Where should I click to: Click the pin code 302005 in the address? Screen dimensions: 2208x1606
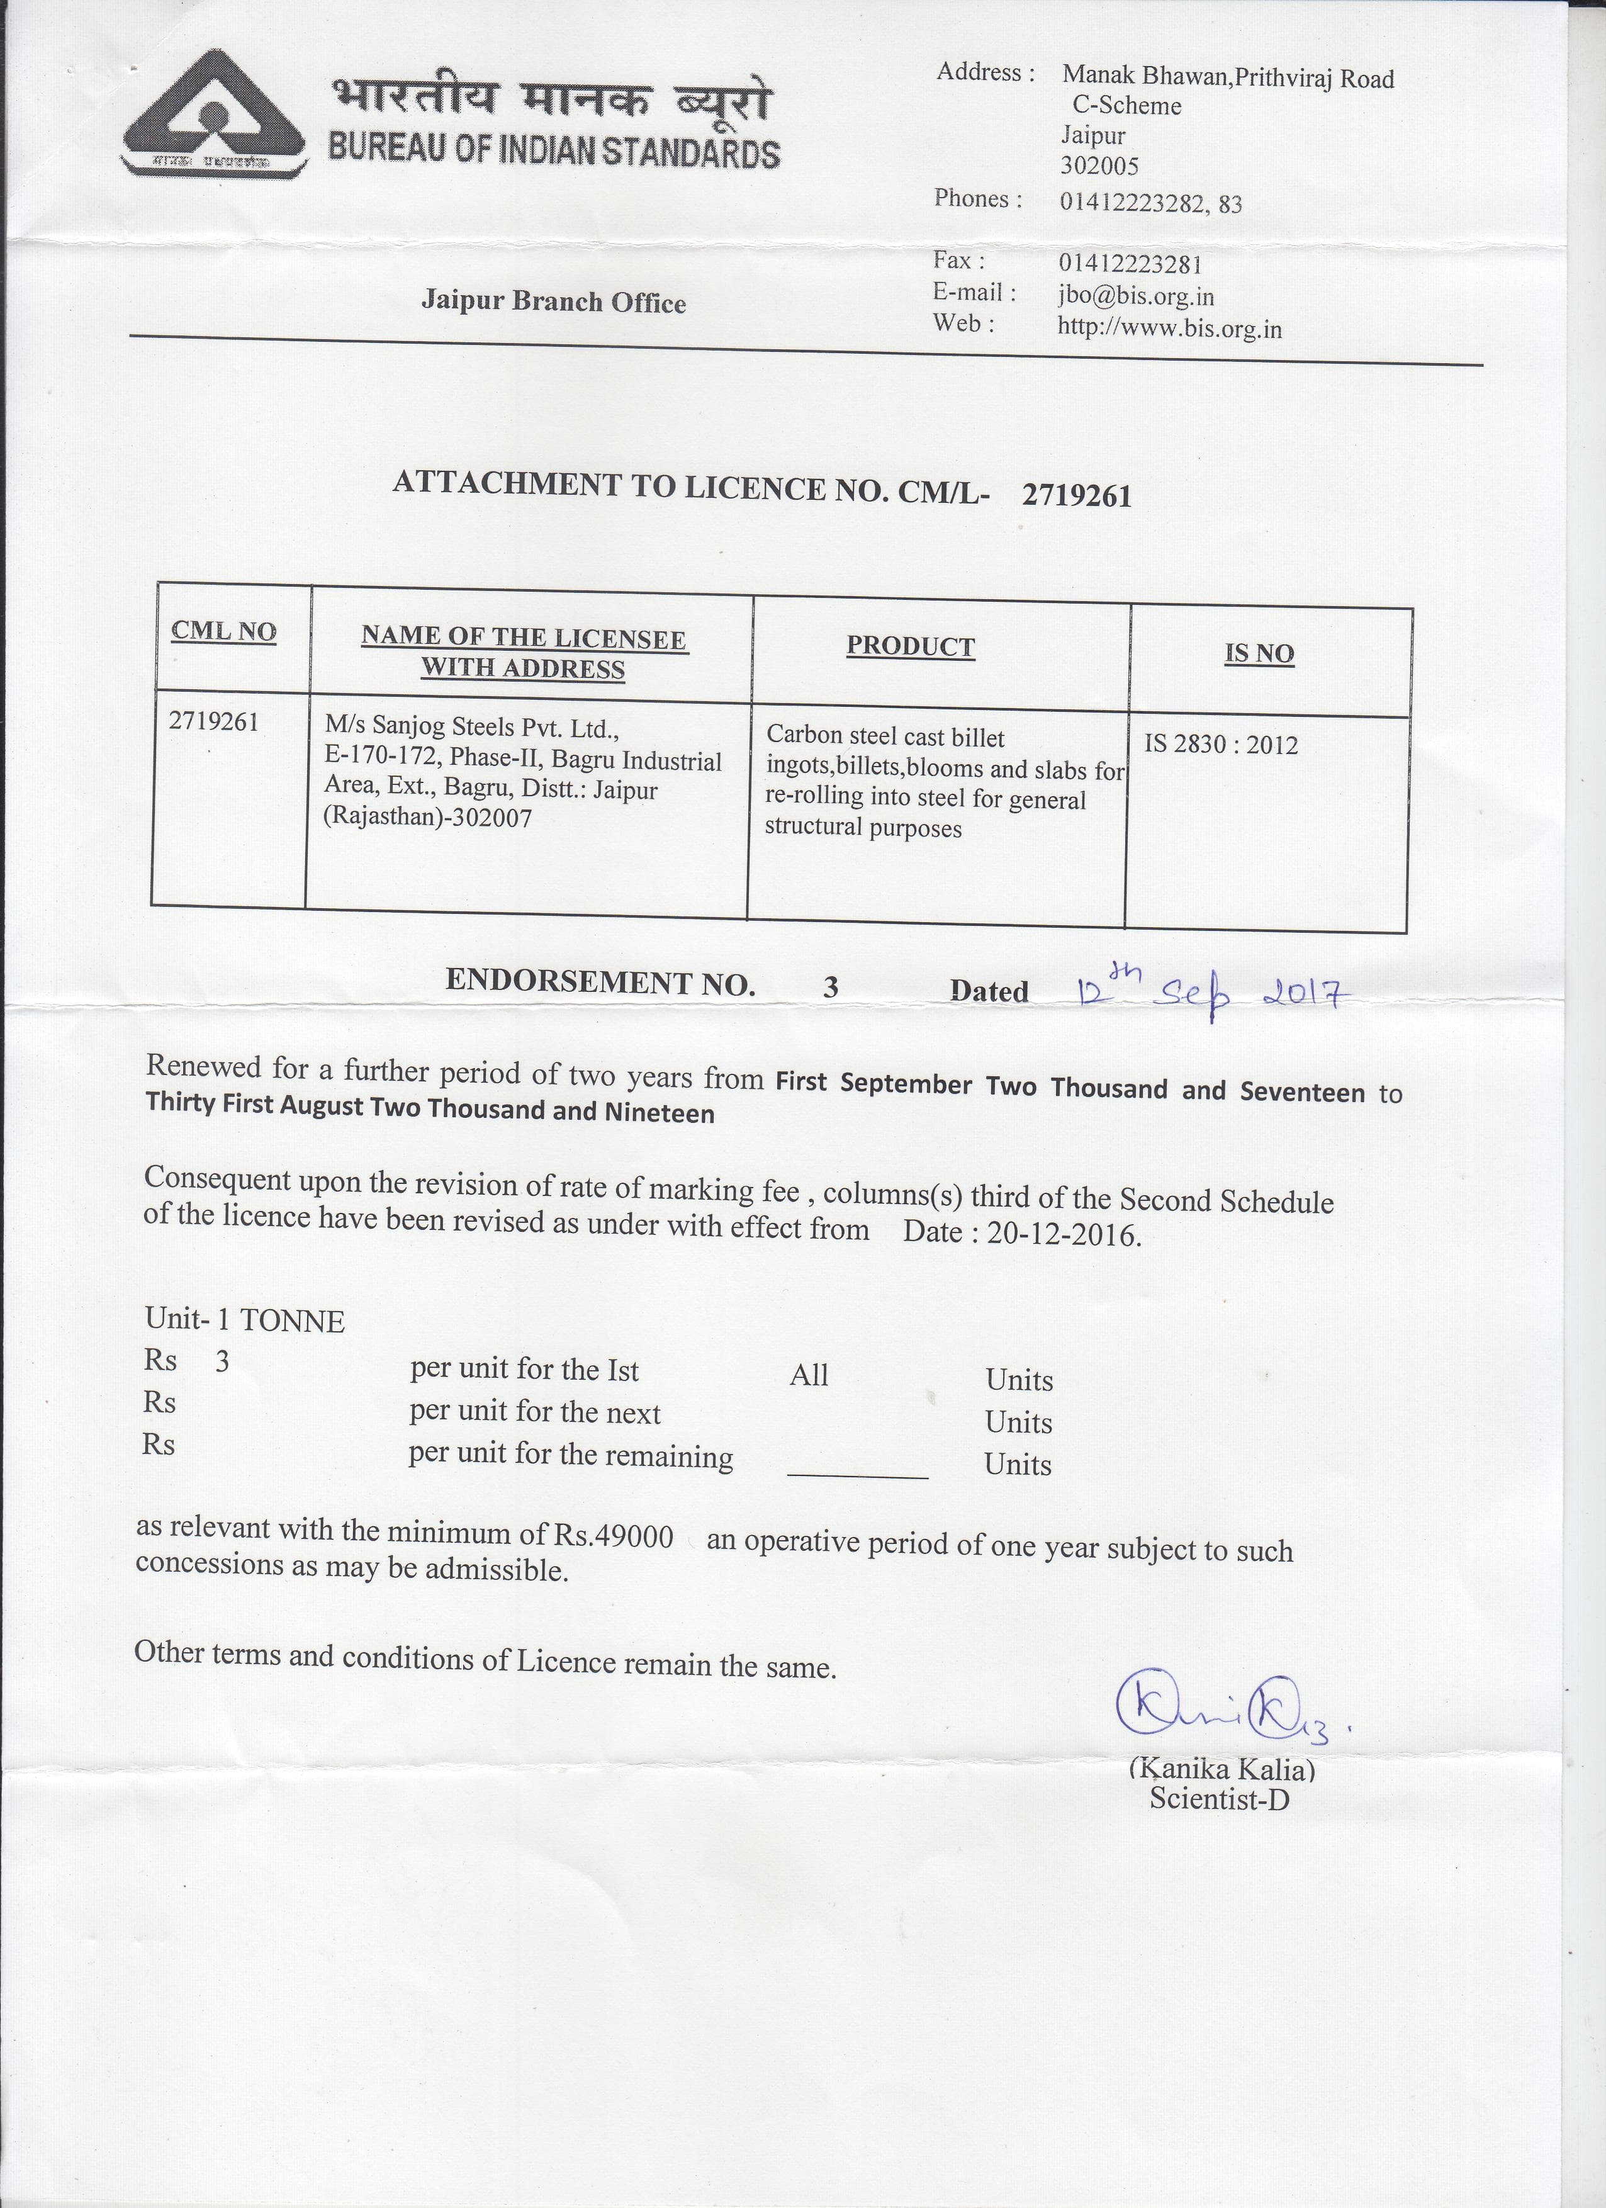pos(1099,166)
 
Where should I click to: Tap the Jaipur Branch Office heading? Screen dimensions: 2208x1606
pos(553,301)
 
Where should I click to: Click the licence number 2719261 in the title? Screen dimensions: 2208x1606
pos(1077,497)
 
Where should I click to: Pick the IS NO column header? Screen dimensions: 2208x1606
pos(1259,653)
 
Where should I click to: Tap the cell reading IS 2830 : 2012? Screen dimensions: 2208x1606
pos(1221,745)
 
